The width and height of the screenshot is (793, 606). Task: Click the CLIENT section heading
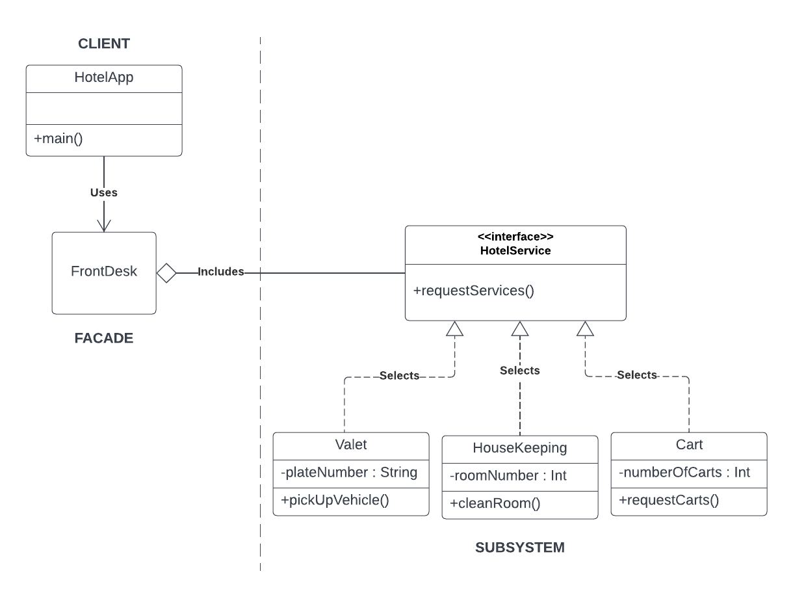coord(104,44)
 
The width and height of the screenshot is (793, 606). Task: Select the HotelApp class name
coord(104,78)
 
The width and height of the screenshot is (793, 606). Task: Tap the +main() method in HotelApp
coord(55,139)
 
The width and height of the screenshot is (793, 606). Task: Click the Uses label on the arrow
coord(104,192)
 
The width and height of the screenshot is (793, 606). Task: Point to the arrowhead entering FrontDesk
coord(104,225)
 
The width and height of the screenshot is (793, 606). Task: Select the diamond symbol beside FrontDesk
coord(167,273)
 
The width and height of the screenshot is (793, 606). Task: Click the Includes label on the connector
coord(220,272)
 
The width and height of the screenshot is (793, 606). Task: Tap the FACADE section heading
coord(104,338)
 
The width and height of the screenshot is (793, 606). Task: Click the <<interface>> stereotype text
coord(515,237)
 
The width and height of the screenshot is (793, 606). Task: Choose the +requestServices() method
coord(473,291)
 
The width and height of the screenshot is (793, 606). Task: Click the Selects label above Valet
coord(399,376)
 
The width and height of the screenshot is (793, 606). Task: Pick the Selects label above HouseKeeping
coord(519,371)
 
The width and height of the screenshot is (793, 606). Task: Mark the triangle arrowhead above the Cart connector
coord(585,329)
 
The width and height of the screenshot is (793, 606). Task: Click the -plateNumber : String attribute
coord(349,473)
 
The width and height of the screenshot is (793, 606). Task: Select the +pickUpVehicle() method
coord(335,501)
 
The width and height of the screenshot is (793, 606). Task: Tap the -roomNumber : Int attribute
coord(508,476)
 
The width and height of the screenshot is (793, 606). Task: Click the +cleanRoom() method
coord(495,504)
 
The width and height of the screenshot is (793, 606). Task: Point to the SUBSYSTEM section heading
coord(519,547)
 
